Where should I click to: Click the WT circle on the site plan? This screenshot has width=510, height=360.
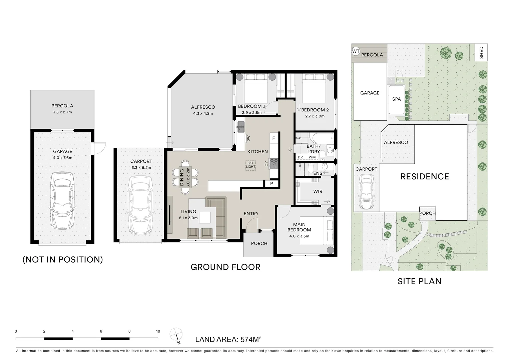tap(356, 51)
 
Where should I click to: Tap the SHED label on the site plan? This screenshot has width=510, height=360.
tap(481, 52)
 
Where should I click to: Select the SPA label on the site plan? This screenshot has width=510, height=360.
tap(396, 99)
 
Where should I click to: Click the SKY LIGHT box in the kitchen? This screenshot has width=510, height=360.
tap(250, 165)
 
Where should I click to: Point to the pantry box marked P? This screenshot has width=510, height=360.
tap(272, 184)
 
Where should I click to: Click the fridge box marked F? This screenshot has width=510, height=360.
tap(274, 138)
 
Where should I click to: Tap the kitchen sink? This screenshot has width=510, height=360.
tap(240, 127)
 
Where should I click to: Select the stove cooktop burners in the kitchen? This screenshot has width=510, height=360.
tap(274, 164)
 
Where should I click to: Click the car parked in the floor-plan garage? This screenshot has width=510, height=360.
tap(62, 200)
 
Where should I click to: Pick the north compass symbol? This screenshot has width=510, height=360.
tap(176, 335)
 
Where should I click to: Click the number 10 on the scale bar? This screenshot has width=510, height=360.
tap(158, 331)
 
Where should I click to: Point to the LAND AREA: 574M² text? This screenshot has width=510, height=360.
tap(228, 340)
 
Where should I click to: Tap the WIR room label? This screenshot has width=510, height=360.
tap(318, 192)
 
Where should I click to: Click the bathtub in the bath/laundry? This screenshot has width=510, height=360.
tap(322, 138)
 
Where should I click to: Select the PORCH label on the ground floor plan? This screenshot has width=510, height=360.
tap(259, 243)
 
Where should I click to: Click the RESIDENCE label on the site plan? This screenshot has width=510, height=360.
tap(425, 177)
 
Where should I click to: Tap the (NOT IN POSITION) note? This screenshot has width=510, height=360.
tap(63, 259)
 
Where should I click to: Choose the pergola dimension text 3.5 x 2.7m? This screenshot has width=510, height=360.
tap(62, 112)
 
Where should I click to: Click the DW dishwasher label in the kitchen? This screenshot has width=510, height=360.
tap(248, 138)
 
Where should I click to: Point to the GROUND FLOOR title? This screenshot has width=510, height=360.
tap(225, 267)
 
